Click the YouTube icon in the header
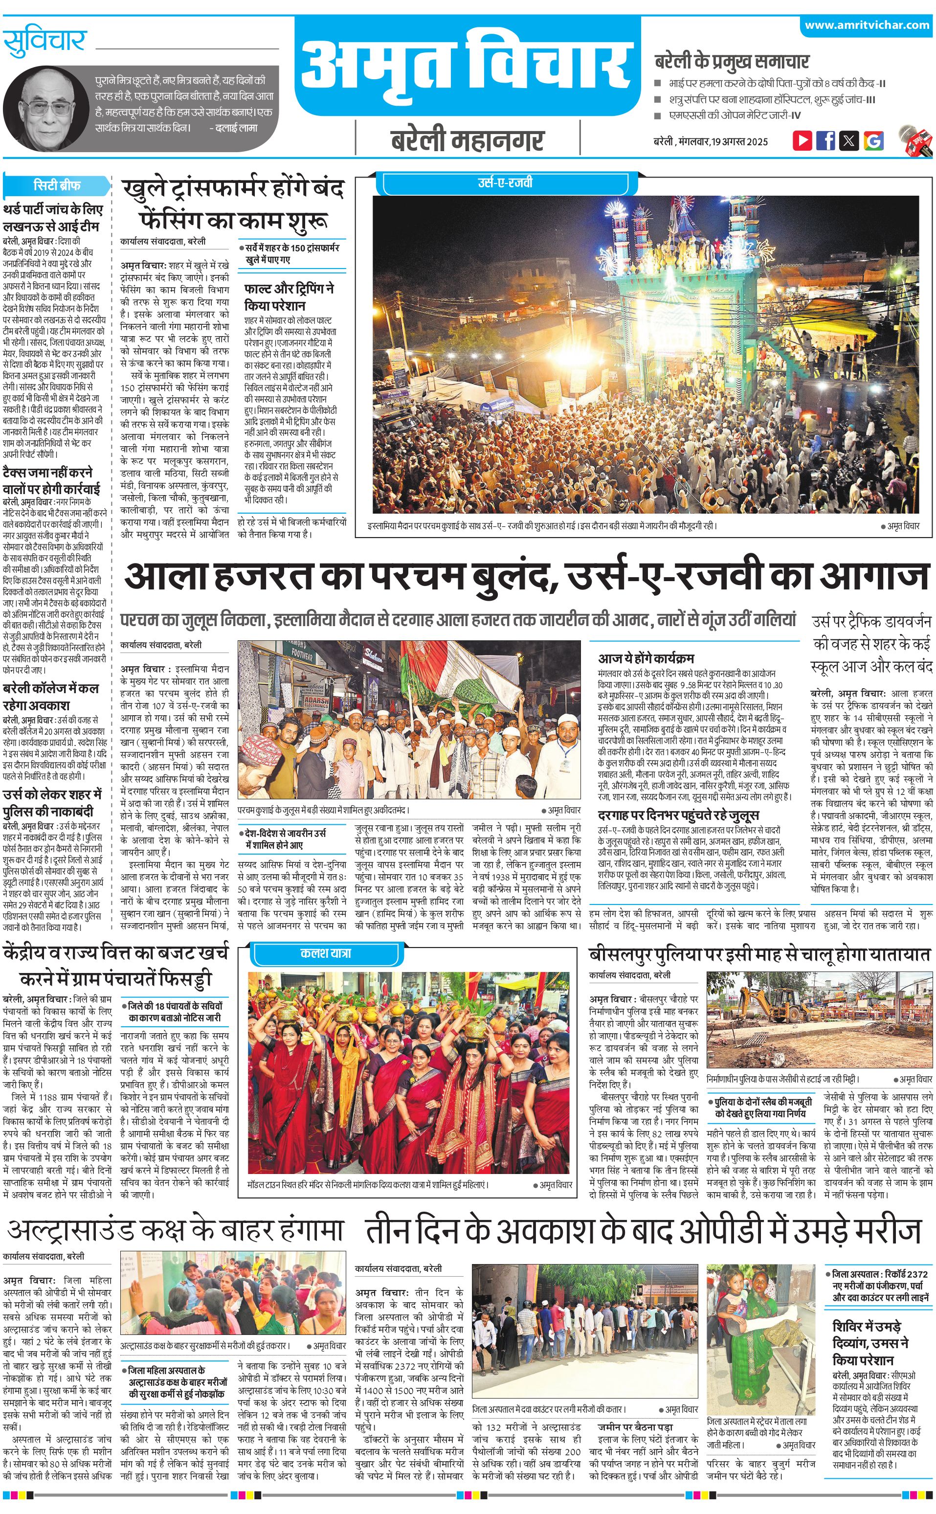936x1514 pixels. pyautogui.click(x=802, y=140)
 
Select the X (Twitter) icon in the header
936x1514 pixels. pyautogui.click(x=849, y=140)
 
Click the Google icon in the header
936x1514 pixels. pyautogui.click(x=873, y=140)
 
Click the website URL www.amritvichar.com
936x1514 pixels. pyautogui.click(x=867, y=25)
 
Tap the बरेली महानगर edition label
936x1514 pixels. pyautogui.click(x=468, y=140)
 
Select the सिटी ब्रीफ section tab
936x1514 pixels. pyautogui.click(x=57, y=185)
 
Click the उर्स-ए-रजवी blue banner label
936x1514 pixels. pyautogui.click(x=505, y=182)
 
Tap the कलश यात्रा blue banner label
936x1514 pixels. pyautogui.click(x=326, y=953)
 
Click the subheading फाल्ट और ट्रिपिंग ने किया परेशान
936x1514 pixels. pyautogui.click(x=289, y=297)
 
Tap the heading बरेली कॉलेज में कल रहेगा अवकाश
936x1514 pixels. pyautogui.click(x=51, y=697)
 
